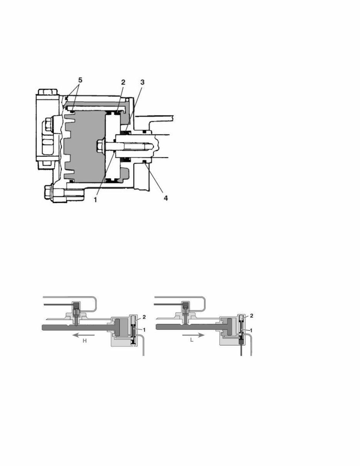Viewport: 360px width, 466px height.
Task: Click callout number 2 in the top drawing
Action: [123, 82]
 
